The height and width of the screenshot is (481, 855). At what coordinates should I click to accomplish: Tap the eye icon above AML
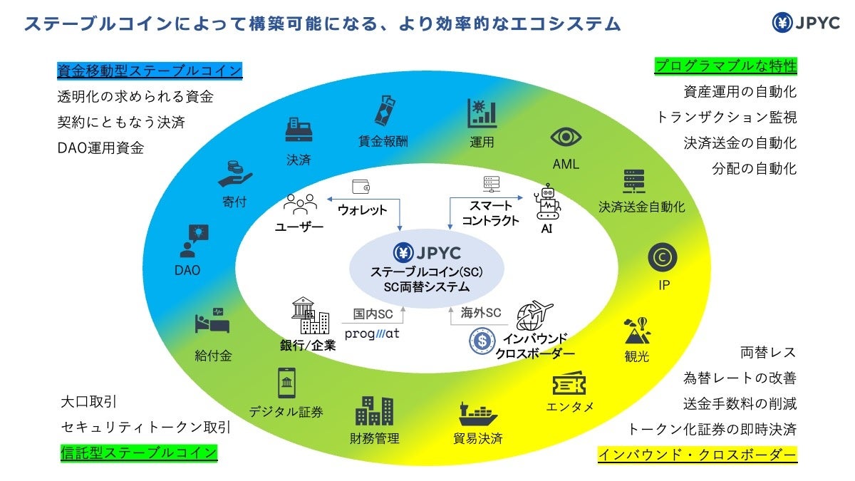566,138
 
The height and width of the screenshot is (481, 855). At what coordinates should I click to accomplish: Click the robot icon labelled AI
547,202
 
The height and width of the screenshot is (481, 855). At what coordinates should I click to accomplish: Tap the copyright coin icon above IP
662,257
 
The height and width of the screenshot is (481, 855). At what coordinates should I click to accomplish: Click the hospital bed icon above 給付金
212,323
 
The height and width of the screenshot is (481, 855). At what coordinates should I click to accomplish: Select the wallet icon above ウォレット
362,187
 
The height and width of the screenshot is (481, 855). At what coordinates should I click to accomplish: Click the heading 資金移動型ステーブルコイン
150,71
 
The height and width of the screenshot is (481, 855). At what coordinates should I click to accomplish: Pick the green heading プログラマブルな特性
725,66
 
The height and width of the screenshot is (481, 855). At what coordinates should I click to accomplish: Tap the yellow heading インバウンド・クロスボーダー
697,454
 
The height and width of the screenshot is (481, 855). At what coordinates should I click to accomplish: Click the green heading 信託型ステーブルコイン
138,452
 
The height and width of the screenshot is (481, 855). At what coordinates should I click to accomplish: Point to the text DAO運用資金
100,148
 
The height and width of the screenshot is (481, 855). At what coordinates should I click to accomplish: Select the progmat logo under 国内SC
372,333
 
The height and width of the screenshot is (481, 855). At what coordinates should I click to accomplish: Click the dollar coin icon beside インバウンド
482,341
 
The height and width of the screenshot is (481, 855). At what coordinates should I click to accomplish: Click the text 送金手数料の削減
740,403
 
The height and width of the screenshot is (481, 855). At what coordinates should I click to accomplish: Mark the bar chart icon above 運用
482,114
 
